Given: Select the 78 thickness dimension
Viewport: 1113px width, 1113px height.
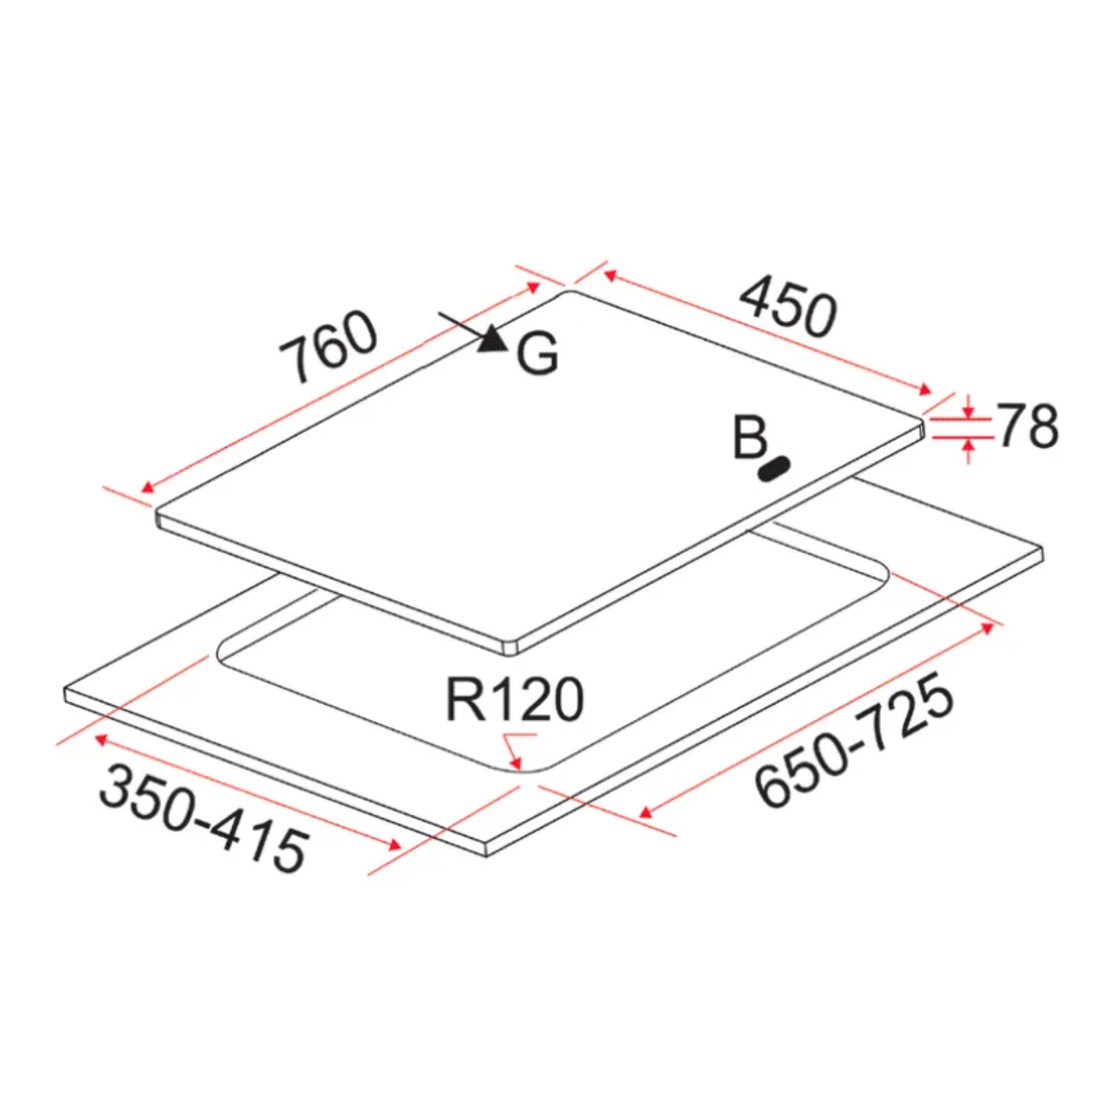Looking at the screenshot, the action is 1027,425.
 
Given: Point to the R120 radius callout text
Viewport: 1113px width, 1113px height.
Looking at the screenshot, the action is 515,700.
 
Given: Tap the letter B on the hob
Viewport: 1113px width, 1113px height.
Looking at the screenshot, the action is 750,438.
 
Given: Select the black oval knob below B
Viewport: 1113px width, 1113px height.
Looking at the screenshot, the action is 774,468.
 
